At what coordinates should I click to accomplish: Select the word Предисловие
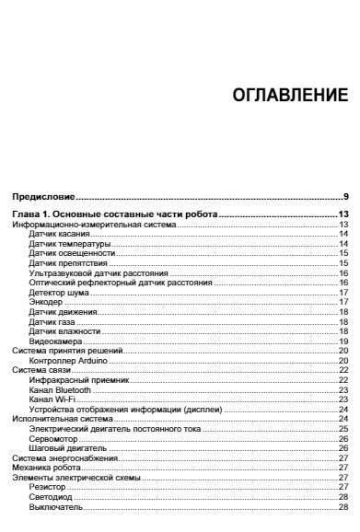[42, 197]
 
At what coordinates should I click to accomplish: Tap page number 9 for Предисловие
[345, 197]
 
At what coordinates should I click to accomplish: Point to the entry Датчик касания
[57, 234]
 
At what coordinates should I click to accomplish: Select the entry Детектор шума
[57, 292]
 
